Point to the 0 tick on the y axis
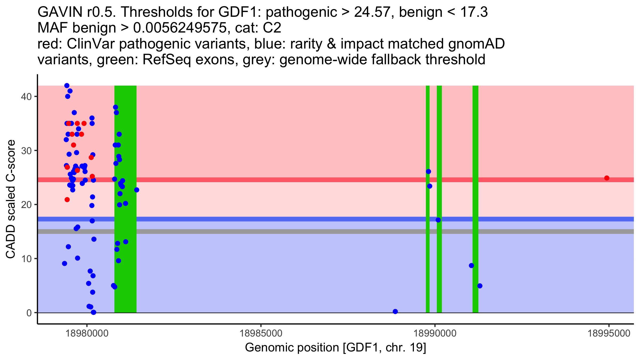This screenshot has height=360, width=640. (29, 313)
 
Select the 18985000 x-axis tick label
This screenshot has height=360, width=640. (261, 333)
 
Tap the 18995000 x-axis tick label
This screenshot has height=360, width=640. (609, 333)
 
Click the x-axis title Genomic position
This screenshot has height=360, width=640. (335, 348)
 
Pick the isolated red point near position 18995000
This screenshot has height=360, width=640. (607, 178)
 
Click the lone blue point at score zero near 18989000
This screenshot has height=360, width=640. (395, 311)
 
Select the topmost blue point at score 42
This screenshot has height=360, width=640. (67, 86)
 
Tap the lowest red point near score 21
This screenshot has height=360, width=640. (67, 200)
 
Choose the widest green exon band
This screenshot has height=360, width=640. (125, 199)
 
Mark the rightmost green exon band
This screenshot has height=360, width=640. (475, 199)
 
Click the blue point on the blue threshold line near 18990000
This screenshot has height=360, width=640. (438, 220)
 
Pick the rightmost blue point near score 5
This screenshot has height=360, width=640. (480, 286)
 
